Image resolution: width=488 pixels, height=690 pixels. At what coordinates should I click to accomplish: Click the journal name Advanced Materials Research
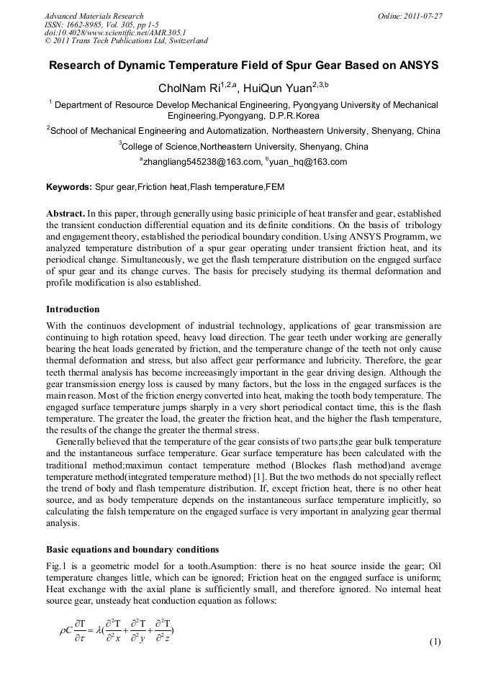(x=94, y=16)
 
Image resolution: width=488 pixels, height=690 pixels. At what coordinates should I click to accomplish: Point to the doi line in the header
(x=115, y=32)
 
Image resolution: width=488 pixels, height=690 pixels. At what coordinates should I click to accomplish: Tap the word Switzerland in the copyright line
(x=186, y=41)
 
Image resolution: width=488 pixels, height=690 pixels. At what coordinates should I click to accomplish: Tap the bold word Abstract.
(x=65, y=214)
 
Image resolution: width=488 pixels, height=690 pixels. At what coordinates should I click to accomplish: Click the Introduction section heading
(x=73, y=309)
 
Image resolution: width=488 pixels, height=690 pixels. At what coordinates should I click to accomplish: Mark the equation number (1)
(x=435, y=642)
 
